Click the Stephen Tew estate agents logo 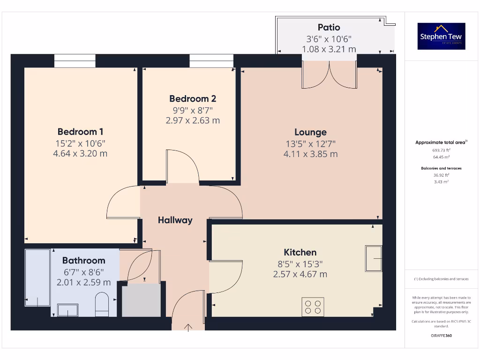[441, 36]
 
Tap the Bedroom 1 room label [80, 132]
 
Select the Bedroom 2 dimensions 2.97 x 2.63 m [193, 120]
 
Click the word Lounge [310, 132]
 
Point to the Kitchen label [300, 252]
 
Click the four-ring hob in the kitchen [313, 307]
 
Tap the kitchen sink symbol [374, 258]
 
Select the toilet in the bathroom [102, 304]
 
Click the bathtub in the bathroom [37, 277]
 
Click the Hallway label [175, 220]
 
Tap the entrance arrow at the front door [189, 327]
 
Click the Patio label [329, 28]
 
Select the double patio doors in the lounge [329, 74]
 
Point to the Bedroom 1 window [75, 61]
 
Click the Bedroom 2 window [211, 61]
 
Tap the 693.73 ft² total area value [441, 150]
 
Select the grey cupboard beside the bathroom [141, 300]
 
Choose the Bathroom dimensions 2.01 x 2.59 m [83, 283]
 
